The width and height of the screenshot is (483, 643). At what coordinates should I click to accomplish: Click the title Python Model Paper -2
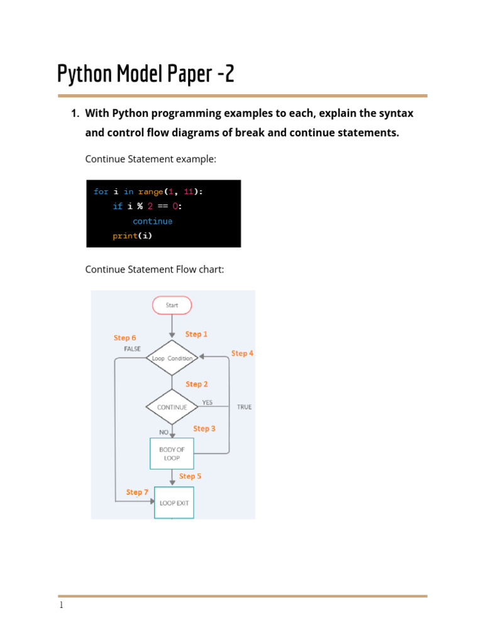coord(146,74)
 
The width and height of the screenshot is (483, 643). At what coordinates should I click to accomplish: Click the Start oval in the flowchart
coord(172,305)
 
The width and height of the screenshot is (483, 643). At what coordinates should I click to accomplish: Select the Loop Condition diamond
coord(172,358)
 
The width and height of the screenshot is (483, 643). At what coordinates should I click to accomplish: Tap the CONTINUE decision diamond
coord(172,407)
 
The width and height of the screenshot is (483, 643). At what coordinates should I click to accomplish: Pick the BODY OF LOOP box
coord(172,454)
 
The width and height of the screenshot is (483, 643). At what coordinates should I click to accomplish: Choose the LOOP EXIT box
coord(174,503)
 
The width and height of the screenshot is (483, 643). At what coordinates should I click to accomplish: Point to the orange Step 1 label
coord(196,334)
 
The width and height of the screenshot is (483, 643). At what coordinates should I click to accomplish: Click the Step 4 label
coord(242,354)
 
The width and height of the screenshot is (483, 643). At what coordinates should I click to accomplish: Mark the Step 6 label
coord(125,338)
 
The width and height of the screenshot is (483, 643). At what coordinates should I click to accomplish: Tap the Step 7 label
coord(137,492)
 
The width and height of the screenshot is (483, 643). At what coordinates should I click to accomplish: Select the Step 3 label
coord(204,428)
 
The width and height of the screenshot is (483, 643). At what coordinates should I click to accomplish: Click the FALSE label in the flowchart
coord(132,349)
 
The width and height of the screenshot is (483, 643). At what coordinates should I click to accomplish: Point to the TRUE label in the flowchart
coord(244,407)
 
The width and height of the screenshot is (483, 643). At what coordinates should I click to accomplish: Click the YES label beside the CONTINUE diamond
coord(207,403)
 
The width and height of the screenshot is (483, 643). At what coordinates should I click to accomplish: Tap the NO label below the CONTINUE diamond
coord(164,432)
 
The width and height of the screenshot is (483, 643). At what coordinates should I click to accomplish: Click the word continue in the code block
coord(152,221)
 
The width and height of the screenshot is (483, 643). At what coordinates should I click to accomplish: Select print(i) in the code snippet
coord(132,236)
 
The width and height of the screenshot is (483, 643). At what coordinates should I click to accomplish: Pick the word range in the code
coord(150,192)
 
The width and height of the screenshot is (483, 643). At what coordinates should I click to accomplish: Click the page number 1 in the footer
coord(61,606)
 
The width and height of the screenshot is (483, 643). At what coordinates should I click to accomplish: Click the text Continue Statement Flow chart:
coord(154,269)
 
